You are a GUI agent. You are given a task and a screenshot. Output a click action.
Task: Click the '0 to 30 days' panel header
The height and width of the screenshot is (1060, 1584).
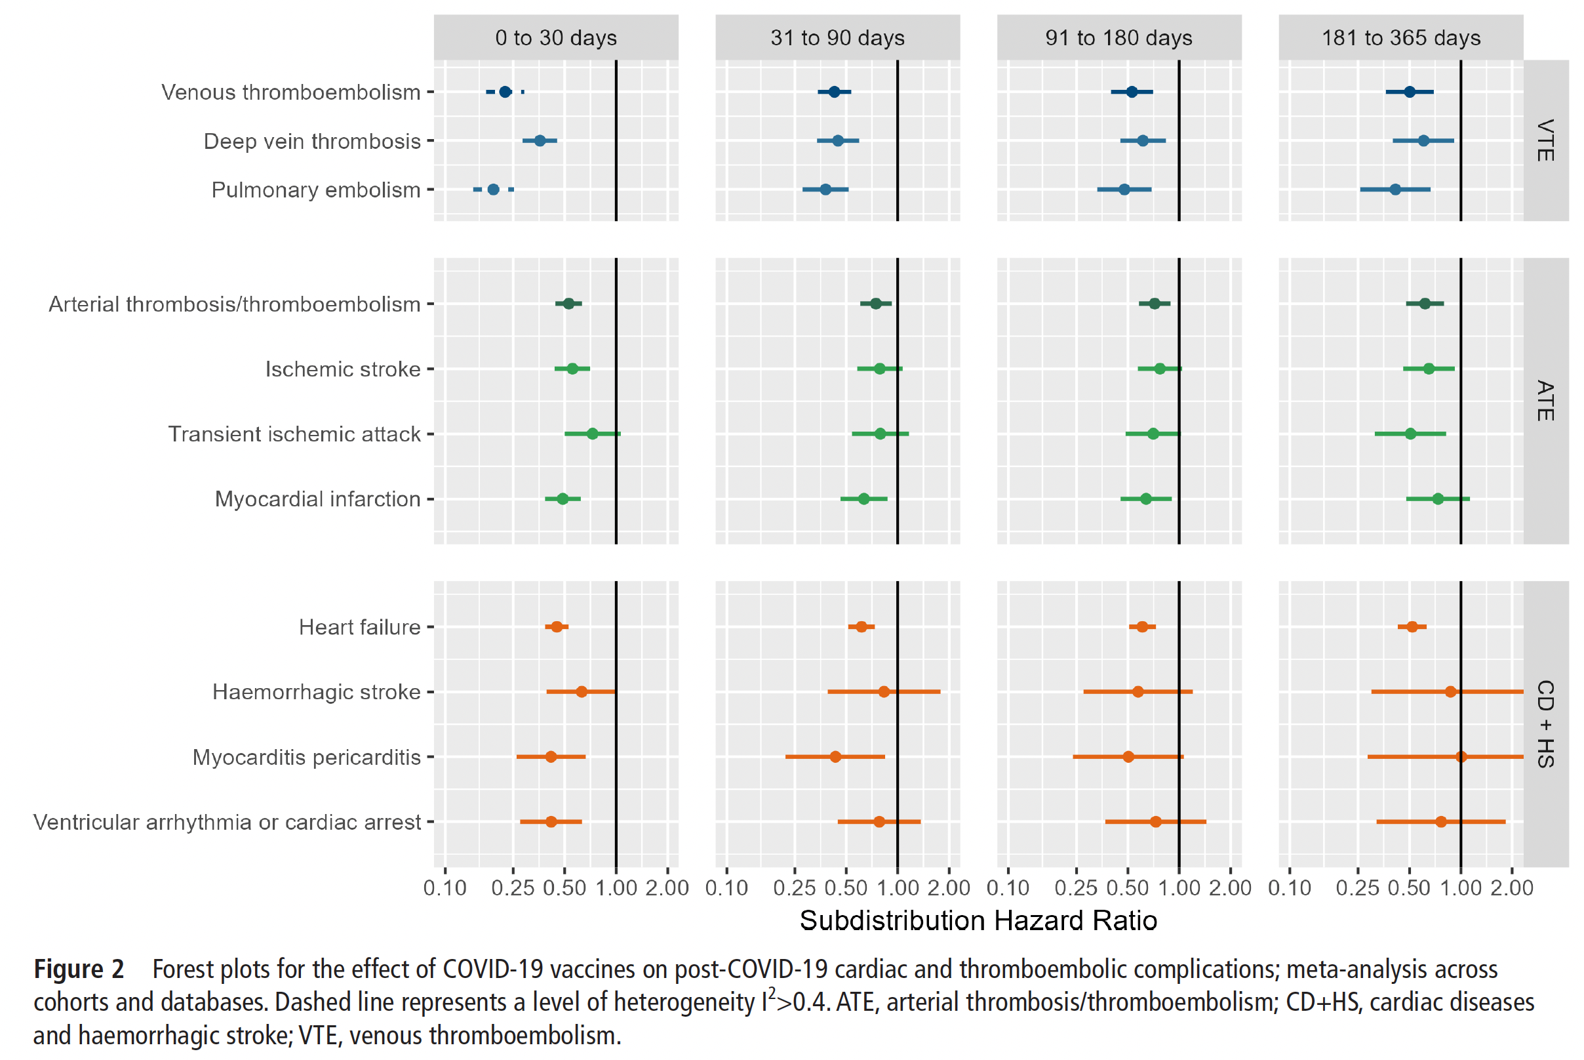click(x=555, y=38)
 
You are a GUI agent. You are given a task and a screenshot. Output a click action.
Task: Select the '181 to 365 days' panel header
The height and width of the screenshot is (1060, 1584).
click(x=1400, y=38)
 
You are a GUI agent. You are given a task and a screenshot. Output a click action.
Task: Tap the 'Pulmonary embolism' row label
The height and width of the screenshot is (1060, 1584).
click(x=315, y=190)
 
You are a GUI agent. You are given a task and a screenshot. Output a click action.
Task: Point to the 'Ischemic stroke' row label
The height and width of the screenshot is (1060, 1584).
click(x=343, y=369)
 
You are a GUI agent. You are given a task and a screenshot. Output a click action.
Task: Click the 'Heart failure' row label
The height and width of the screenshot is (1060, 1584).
click(x=359, y=627)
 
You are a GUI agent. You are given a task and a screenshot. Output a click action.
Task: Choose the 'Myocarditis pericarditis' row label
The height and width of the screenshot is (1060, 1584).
click(x=306, y=757)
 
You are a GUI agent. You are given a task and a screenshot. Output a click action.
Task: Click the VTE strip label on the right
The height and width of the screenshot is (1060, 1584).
click(x=1545, y=140)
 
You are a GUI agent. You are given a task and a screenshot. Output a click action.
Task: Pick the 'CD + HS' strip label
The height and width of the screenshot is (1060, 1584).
click(x=1545, y=724)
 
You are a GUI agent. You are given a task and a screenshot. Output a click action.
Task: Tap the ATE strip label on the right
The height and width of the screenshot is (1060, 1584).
click(x=1545, y=401)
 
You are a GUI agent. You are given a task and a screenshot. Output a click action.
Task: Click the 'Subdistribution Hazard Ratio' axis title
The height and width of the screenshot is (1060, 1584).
click(x=978, y=921)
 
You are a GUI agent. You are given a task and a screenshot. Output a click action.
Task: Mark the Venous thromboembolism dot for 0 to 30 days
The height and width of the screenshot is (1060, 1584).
click(x=505, y=92)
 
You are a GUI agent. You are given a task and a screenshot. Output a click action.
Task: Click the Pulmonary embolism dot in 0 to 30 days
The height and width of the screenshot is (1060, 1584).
click(x=493, y=190)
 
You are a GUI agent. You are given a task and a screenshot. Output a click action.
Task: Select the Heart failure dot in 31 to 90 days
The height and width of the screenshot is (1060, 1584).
click(x=861, y=627)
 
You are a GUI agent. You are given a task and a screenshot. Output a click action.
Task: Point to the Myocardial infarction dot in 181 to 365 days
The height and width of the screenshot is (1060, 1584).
click(x=1438, y=499)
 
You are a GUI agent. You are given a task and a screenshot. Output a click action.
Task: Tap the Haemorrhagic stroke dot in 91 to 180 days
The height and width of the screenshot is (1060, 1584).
click(x=1138, y=691)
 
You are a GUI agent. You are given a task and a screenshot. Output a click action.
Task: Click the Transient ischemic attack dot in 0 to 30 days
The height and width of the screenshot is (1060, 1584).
click(x=592, y=434)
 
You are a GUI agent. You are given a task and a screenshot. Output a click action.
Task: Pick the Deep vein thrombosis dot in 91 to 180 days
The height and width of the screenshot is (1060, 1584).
click(x=1143, y=140)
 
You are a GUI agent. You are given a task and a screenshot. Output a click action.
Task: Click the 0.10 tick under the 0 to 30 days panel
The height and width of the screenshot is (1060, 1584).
click(x=445, y=887)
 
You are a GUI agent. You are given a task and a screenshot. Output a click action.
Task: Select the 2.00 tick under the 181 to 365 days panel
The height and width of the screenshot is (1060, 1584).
click(x=1513, y=887)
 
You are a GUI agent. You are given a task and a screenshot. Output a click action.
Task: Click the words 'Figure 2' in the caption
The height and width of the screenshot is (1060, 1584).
click(x=79, y=969)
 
